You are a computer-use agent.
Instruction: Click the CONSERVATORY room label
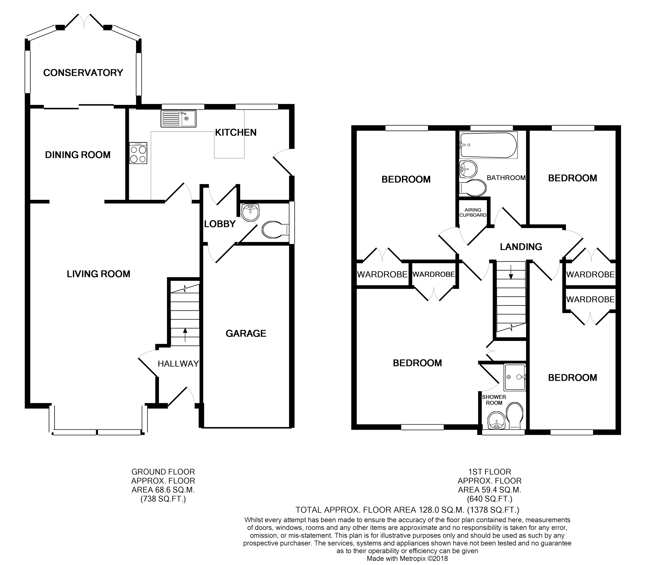pyautogui.click(x=83, y=73)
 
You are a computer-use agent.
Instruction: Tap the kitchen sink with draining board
pyautogui.click(x=178, y=118)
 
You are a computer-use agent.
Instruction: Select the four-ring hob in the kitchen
pyautogui.click(x=138, y=153)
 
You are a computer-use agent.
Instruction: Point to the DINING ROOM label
pyautogui.click(x=78, y=155)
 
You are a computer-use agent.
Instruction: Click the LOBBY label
pyautogui.click(x=220, y=224)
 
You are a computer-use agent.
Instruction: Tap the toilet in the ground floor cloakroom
pyautogui.click(x=275, y=230)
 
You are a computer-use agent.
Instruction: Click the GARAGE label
pyautogui.click(x=246, y=334)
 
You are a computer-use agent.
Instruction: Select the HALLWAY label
pyautogui.click(x=178, y=364)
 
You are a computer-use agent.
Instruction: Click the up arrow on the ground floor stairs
pyautogui.click(x=185, y=335)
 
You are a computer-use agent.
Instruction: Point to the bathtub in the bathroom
pyautogui.click(x=488, y=145)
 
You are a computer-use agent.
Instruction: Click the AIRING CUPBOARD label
pyautogui.click(x=473, y=212)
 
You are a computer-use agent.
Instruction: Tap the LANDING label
pyautogui.click(x=521, y=247)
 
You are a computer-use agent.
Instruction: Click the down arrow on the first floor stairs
pyautogui.click(x=511, y=272)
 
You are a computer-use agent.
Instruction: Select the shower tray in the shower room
pyautogui.click(x=515, y=377)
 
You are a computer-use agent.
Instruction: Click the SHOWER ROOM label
pyautogui.click(x=494, y=400)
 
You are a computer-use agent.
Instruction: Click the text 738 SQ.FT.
pyautogui.click(x=163, y=499)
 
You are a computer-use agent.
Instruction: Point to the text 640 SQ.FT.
pyautogui.click(x=490, y=499)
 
